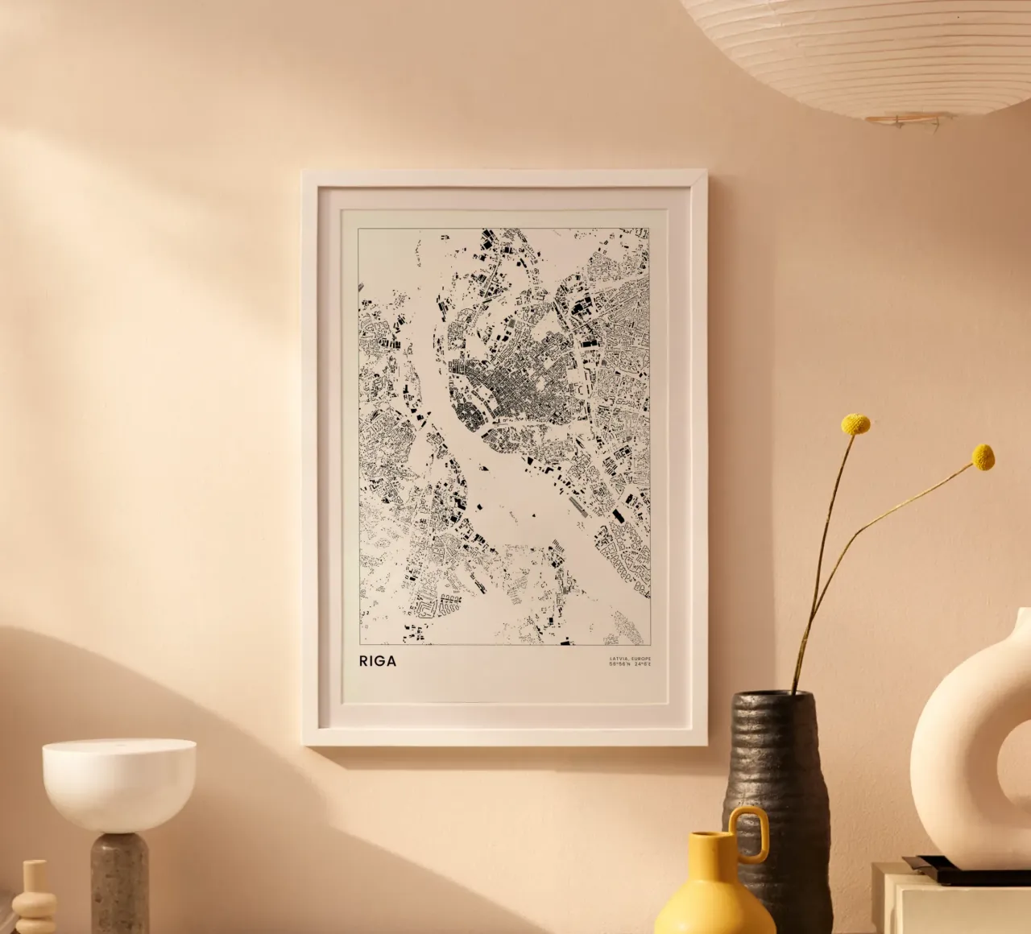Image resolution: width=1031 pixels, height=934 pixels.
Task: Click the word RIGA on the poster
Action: (378, 661)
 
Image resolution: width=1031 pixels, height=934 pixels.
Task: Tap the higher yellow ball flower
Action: (855, 424)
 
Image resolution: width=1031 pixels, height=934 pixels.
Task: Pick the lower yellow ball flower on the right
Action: (983, 457)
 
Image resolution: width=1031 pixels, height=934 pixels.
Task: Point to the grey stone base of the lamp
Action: (119, 882)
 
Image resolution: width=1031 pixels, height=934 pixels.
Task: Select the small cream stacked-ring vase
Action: (34, 898)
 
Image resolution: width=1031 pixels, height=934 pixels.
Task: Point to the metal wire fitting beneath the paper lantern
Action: (906, 122)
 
